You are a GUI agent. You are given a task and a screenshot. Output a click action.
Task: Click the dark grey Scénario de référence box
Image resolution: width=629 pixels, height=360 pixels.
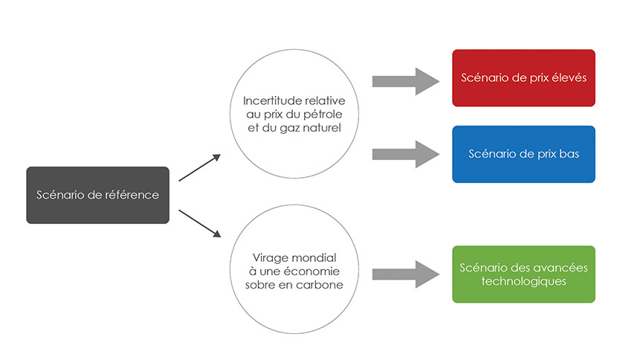pyautogui.click(x=97, y=195)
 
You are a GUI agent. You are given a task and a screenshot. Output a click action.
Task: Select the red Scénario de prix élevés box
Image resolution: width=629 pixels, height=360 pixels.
pyautogui.click(x=523, y=77)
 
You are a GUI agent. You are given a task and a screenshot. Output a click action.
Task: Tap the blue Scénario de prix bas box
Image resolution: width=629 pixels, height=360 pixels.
pyautogui.click(x=523, y=154)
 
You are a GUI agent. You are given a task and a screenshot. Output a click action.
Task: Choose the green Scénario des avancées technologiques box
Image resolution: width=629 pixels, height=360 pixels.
pyautogui.click(x=523, y=274)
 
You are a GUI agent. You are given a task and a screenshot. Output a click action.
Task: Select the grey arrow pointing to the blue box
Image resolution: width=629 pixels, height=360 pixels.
pyautogui.click(x=406, y=153)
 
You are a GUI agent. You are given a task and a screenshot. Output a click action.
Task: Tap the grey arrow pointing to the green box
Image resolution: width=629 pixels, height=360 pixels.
pyautogui.click(x=406, y=274)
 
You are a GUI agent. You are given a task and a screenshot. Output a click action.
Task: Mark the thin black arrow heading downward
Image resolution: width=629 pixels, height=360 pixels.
pyautogui.click(x=200, y=222)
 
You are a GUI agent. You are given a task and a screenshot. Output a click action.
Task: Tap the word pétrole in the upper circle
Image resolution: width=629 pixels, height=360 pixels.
pyautogui.click(x=320, y=114)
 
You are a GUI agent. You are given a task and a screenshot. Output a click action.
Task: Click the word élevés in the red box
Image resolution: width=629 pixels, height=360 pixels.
pyautogui.click(x=566, y=77)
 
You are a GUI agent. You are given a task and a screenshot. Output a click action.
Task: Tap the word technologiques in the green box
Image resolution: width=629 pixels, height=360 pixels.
pyautogui.click(x=523, y=281)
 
